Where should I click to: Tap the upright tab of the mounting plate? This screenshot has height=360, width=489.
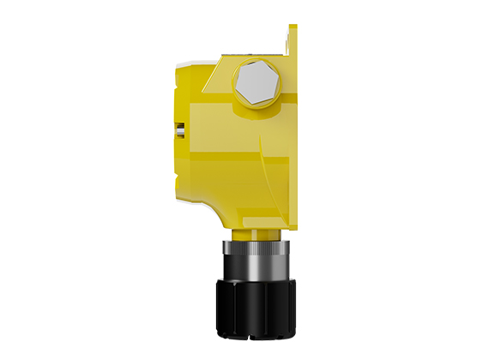click(x=293, y=39)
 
